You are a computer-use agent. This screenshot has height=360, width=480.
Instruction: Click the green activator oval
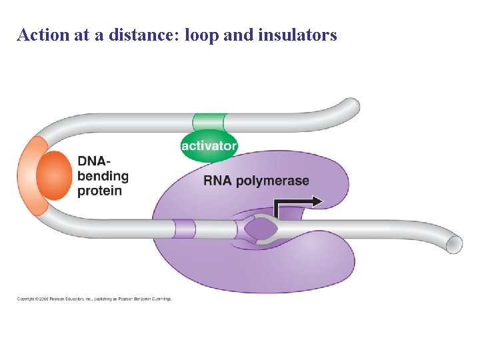click(x=209, y=145)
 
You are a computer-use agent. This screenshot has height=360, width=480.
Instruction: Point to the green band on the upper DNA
click(x=209, y=123)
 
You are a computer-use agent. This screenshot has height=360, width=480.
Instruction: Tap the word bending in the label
click(x=103, y=176)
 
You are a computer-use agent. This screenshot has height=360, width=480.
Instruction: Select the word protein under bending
click(x=100, y=191)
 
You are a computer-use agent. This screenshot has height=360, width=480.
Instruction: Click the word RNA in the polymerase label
click(x=218, y=181)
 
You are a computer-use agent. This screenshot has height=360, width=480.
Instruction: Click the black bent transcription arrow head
click(x=317, y=201)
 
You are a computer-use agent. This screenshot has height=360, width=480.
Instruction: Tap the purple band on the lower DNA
click(x=185, y=229)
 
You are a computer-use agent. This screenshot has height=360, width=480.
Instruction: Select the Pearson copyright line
click(x=94, y=299)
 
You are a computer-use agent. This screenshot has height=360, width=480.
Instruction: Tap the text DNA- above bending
click(x=94, y=161)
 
